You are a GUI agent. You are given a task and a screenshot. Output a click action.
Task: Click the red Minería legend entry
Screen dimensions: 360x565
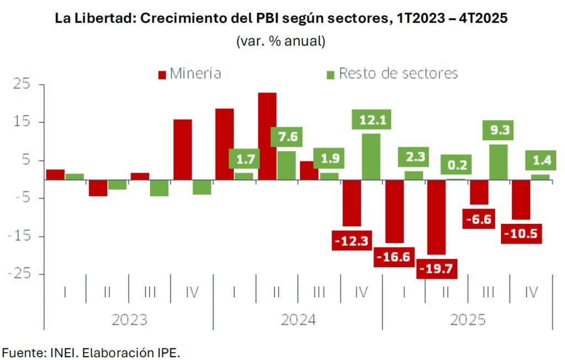coord(189,73)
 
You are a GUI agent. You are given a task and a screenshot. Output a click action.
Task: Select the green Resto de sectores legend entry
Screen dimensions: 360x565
coord(392,73)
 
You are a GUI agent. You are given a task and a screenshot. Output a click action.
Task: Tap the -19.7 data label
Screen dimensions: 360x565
coord(438,268)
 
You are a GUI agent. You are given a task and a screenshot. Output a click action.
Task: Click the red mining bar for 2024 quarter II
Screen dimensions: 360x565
coord(268,136)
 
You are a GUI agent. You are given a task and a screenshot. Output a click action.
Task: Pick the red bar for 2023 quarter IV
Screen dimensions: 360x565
coord(183,149)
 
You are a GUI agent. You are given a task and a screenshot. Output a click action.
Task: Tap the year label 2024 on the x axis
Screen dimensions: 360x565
coord(298,320)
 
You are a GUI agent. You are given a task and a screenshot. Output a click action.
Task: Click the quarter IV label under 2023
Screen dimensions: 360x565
coord(191,292)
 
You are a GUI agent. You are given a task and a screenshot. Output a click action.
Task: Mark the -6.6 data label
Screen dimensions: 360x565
coord(479,219)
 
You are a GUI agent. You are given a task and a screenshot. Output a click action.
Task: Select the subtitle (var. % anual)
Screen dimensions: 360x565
coord(281,41)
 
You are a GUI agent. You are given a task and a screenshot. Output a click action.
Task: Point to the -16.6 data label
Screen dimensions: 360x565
coord(394,257)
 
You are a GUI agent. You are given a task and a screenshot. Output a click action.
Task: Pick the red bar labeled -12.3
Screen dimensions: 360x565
coord(352,203)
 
